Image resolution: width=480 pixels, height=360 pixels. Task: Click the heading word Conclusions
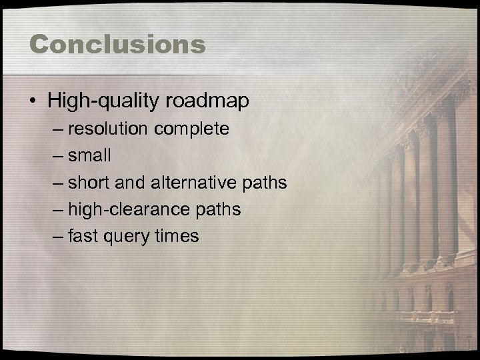pyautogui.click(x=117, y=44)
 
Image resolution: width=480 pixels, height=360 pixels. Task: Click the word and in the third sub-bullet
pyautogui.click(x=135, y=182)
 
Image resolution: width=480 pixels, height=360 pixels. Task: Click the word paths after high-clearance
pyautogui.click(x=217, y=209)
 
